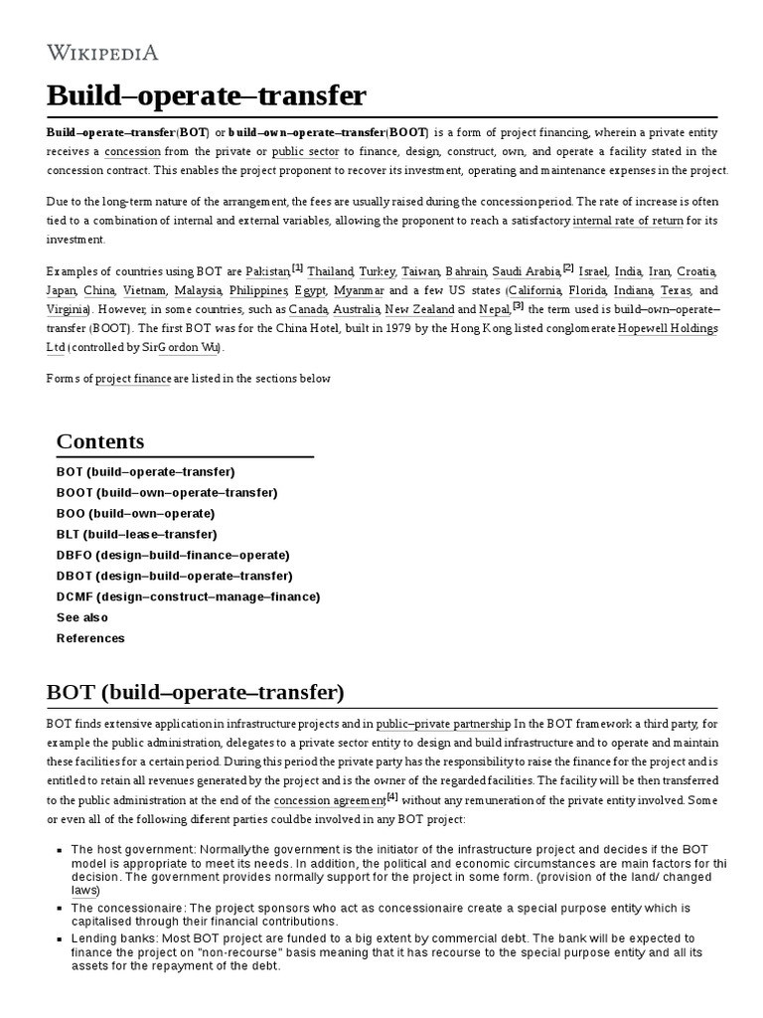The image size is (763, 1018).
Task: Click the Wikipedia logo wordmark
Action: pyautogui.click(x=102, y=53)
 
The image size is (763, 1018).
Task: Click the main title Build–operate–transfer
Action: pyautogui.click(x=207, y=96)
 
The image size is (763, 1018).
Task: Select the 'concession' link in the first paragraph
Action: pyautogui.click(x=132, y=151)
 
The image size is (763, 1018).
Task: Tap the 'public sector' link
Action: pyautogui.click(x=305, y=151)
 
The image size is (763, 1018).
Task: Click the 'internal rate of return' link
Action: pyautogui.click(x=628, y=221)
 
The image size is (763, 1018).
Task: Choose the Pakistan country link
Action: pyautogui.click(x=268, y=271)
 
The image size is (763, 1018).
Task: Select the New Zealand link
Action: pyautogui.click(x=419, y=309)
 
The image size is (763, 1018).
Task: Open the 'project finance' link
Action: pyautogui.click(x=133, y=379)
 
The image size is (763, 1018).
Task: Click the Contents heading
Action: pyautogui.click(x=100, y=441)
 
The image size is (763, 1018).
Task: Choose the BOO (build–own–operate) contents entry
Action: pyautogui.click(x=135, y=513)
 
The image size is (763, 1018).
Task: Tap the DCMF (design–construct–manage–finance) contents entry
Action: pyautogui.click(x=188, y=596)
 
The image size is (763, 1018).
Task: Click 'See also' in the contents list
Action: pyautogui.click(x=82, y=617)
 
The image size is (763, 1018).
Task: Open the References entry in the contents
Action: pyautogui.click(x=90, y=638)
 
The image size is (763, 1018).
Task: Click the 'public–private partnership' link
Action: pyautogui.click(x=443, y=724)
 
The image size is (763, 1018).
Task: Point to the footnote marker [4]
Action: pyautogui.click(x=391, y=797)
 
